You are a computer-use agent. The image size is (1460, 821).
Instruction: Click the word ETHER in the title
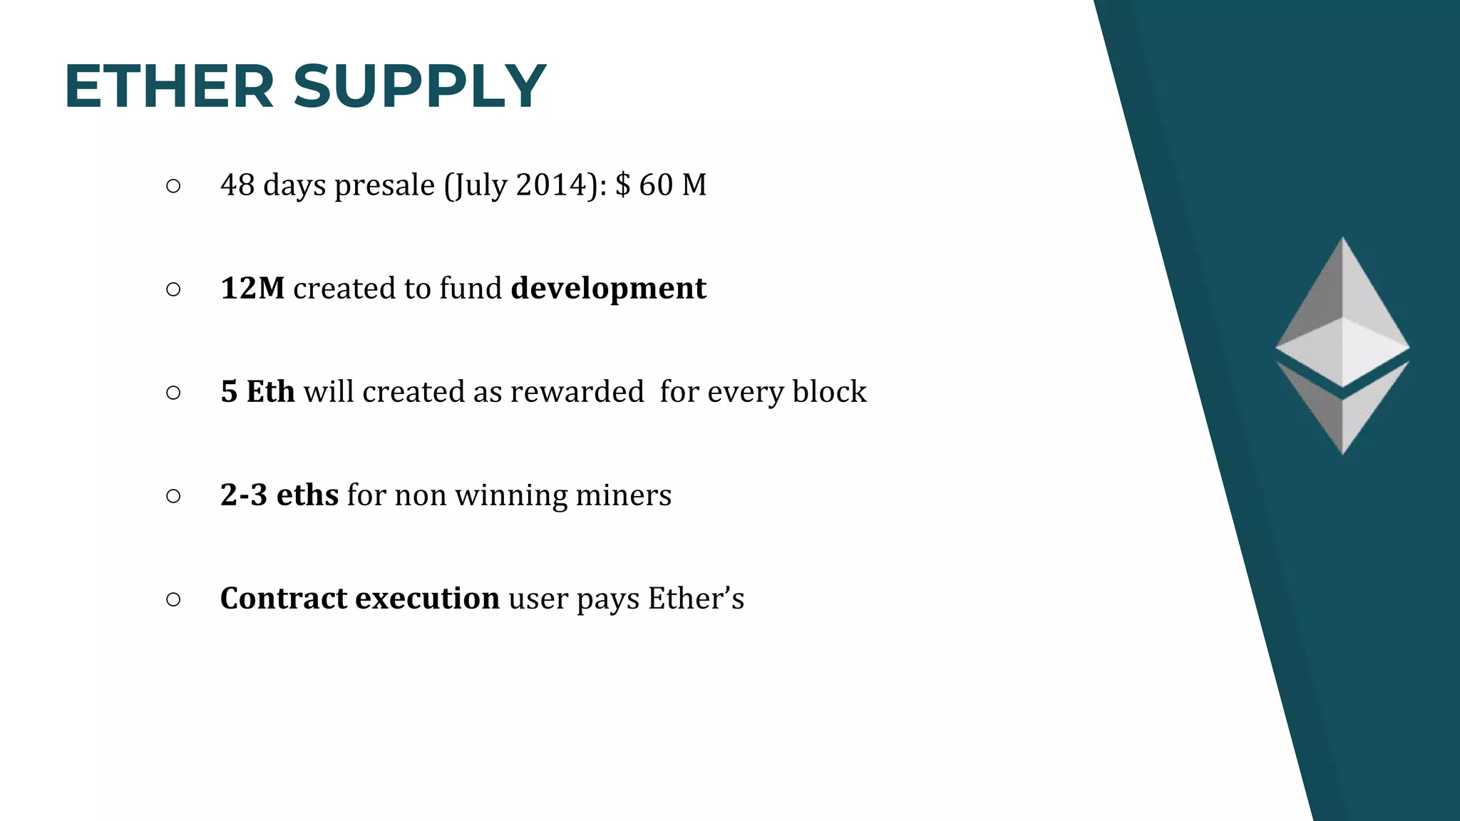point(169,87)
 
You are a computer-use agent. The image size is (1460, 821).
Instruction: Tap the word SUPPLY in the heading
point(419,87)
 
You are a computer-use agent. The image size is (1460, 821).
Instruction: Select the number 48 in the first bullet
point(237,185)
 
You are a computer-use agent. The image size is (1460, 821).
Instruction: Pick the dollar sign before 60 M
point(622,185)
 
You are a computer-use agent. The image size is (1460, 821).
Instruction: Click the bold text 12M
point(252,289)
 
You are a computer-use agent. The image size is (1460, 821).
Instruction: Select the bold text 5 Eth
point(257,392)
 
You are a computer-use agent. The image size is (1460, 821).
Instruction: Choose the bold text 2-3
point(244,495)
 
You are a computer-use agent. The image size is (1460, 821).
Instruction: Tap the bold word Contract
point(283,599)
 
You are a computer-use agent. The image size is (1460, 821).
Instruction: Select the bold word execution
point(427,599)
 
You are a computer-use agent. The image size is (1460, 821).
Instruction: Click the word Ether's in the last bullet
point(696,599)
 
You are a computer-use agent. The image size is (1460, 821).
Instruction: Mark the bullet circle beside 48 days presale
point(173,187)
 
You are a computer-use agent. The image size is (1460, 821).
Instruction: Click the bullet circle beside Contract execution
point(173,600)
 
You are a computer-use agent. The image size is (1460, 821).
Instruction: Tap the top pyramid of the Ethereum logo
point(1342,314)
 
